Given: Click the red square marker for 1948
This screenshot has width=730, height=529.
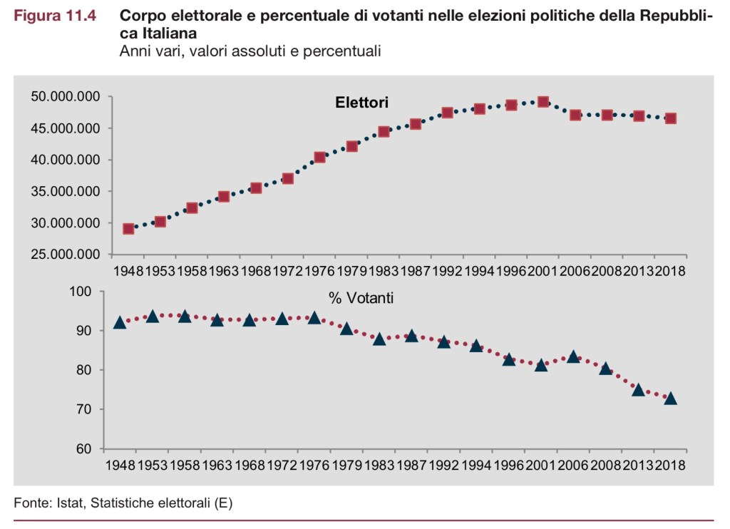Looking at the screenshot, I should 128,229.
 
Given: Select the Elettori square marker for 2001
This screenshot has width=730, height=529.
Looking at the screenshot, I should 543,102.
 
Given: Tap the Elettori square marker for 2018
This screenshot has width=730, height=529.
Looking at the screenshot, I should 671,118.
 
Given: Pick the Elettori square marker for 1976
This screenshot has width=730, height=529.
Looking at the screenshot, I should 319,157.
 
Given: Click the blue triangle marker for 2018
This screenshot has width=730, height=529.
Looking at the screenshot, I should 671,399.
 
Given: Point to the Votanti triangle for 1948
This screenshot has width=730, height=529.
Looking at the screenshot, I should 120,322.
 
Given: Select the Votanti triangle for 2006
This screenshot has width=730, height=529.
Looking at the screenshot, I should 573,356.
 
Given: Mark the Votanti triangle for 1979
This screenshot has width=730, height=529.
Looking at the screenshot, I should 346,329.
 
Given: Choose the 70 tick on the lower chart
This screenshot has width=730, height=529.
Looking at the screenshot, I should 86,409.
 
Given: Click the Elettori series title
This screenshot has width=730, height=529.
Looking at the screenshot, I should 361,103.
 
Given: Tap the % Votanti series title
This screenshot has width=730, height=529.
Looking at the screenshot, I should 361,298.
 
